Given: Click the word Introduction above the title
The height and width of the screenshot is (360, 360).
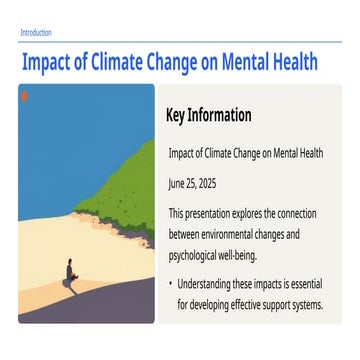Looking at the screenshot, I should pos(36,33).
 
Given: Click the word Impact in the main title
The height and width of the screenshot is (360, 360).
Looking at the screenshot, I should pos(48,62).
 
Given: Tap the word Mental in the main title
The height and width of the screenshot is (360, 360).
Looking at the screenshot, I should pos(249,62).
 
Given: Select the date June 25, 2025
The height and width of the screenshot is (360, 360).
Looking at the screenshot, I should pos(192,184).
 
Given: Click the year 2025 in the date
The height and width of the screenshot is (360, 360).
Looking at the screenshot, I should pos(206,184).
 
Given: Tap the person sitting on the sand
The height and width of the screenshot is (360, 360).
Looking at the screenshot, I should pos(69,272).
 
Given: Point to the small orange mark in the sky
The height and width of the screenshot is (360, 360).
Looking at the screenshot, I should pos(24,96).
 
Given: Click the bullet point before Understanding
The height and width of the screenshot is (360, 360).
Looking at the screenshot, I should pos(171,285).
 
